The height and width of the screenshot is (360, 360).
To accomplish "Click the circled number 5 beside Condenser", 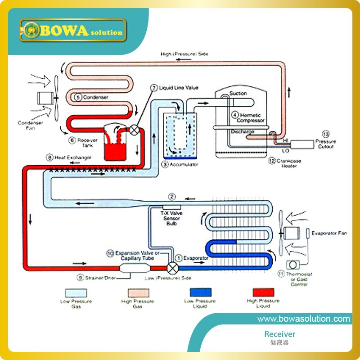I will click(x=77, y=96).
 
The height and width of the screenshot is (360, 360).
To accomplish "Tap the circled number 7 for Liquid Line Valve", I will click(x=153, y=87).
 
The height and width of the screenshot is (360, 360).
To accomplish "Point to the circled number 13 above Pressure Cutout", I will click(x=326, y=134).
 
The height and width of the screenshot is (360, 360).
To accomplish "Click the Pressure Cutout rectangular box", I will click(x=304, y=144).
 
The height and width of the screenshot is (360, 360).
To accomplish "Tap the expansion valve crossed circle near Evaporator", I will click(x=172, y=267).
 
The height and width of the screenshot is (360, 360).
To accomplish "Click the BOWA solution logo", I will click(x=72, y=31).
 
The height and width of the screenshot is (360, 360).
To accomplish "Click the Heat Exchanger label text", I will click(x=72, y=157).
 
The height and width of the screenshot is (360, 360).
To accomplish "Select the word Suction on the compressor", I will click(x=238, y=94).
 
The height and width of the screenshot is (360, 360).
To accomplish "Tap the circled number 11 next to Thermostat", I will click(x=281, y=273).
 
